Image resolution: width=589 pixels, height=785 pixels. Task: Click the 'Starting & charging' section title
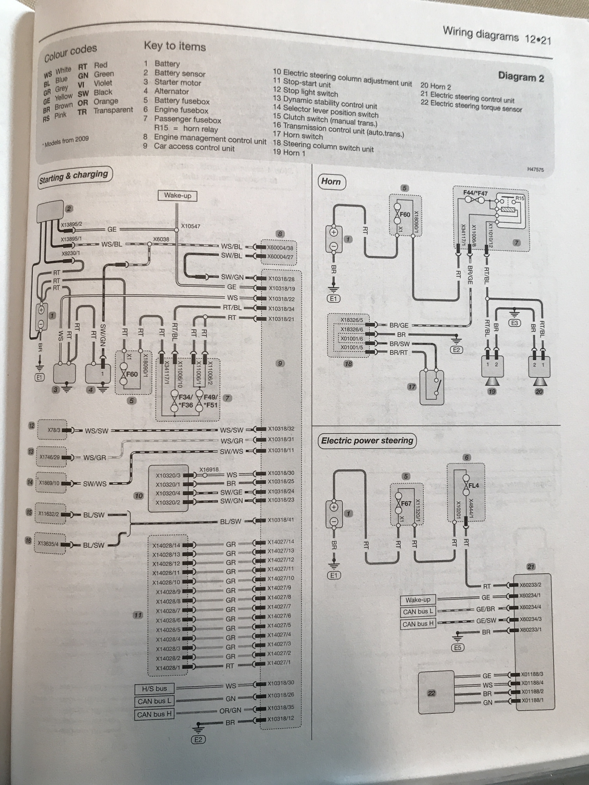coord(74,177)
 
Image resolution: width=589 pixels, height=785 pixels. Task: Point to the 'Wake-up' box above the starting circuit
coord(177,195)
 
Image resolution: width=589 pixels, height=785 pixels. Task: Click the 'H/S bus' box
coord(154,688)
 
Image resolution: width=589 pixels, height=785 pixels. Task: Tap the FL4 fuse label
coord(473,486)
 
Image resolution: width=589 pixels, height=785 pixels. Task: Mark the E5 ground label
coord(458,648)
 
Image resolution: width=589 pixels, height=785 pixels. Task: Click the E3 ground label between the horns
coord(514,323)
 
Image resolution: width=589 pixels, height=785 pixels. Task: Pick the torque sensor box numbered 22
coord(436,693)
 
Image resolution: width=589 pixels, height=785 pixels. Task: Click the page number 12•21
coord(538,39)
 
